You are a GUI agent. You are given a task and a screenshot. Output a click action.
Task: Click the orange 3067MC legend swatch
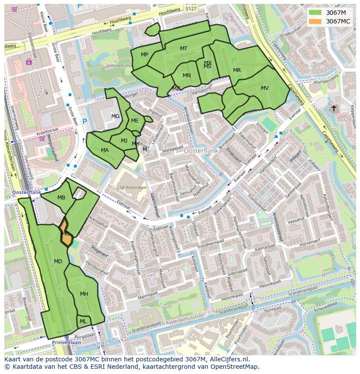(316, 21)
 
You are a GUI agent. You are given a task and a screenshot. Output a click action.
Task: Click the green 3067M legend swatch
(316, 13)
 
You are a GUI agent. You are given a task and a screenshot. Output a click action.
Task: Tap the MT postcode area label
(184, 49)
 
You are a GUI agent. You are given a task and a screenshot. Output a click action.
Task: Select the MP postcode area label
(145, 55)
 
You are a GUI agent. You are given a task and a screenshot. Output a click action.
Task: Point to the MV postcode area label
(265, 88)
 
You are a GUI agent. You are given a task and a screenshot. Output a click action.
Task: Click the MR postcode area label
(237, 70)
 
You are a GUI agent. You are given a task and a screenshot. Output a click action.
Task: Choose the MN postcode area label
(187, 76)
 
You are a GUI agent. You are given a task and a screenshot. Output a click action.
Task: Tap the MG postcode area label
(115, 116)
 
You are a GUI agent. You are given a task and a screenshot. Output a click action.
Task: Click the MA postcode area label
(105, 150)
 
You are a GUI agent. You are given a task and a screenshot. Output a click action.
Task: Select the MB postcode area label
(61, 198)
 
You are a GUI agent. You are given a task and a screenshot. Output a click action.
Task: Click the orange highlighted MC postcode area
(65, 234)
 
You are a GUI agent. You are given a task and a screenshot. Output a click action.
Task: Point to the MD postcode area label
(58, 261)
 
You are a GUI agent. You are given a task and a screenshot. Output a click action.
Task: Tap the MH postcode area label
(84, 294)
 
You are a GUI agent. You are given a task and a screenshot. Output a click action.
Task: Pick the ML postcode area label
(83, 321)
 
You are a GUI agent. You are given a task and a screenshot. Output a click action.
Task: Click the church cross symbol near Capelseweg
(334, 108)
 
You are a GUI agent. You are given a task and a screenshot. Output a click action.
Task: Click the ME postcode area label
(135, 121)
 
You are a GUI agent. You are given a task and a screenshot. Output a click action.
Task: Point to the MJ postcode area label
(124, 140)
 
